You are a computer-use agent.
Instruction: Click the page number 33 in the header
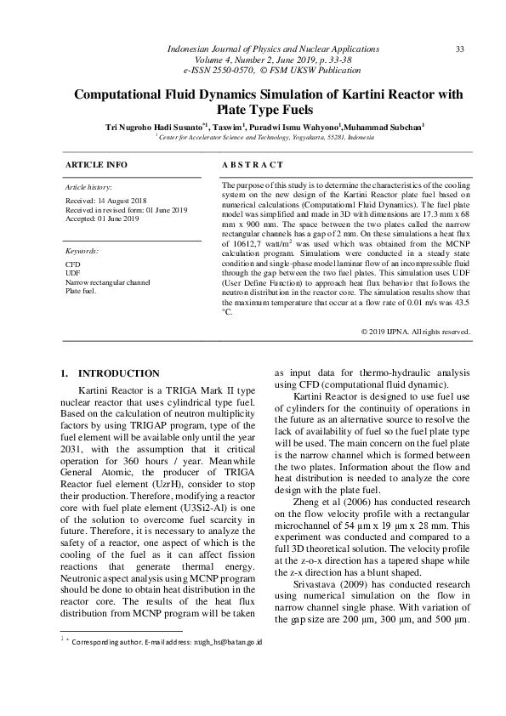(x=459, y=49)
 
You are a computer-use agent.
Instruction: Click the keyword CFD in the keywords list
(x=72, y=265)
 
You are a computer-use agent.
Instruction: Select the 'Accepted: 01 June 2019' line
(x=101, y=219)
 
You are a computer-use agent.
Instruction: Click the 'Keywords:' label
(x=82, y=252)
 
